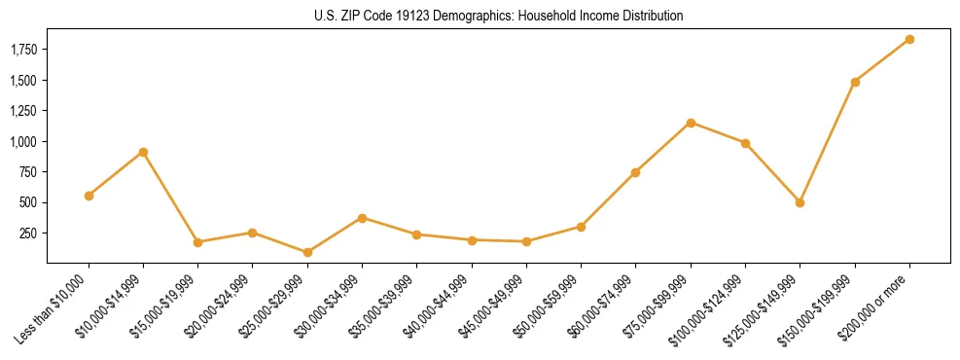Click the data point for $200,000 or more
pyautogui.click(x=909, y=39)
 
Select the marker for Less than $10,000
pyautogui.click(x=89, y=196)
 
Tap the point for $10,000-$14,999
pyautogui.click(x=143, y=152)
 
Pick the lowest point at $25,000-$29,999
pyautogui.click(x=307, y=252)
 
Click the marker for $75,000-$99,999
pyautogui.click(x=691, y=123)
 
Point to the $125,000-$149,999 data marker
pyautogui.click(x=800, y=202)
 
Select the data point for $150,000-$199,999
pyautogui.click(x=855, y=82)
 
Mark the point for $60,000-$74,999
pyautogui.click(x=635, y=172)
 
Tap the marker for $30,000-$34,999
pyautogui.click(x=362, y=218)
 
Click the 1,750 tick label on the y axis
pyautogui.click(x=23, y=50)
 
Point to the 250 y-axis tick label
pyautogui.click(x=30, y=234)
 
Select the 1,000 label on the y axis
pyautogui.click(x=23, y=141)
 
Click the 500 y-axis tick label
pyautogui.click(x=30, y=202)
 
